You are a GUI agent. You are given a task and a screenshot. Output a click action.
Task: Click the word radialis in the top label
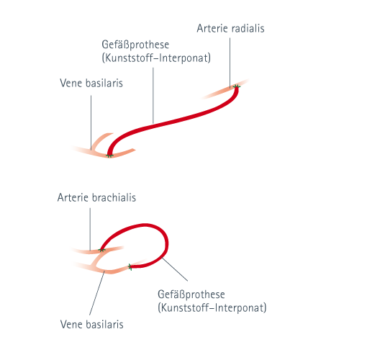[x=248, y=28]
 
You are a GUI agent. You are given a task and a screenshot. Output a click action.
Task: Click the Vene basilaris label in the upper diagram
[x=91, y=83]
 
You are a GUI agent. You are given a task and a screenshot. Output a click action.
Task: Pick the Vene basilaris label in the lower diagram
[x=92, y=325]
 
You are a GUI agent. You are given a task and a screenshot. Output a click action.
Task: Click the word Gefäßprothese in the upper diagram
[x=135, y=45]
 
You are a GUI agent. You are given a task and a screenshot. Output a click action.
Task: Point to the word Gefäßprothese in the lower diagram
[x=191, y=294]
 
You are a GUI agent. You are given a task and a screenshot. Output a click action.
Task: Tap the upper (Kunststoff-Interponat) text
[x=156, y=58]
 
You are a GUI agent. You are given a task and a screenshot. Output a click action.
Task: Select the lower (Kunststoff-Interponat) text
[x=212, y=307]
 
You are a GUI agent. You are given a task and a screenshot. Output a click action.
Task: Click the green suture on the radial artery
[x=237, y=86]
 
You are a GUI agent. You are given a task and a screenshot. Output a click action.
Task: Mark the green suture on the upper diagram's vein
[x=109, y=156]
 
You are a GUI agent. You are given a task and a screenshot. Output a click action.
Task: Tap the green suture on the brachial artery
[x=101, y=250]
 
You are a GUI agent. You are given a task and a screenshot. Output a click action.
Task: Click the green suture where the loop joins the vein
[x=130, y=266]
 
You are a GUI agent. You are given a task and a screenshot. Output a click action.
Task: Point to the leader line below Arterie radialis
[x=230, y=63]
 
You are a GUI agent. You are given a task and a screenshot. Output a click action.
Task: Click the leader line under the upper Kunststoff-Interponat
[x=153, y=95]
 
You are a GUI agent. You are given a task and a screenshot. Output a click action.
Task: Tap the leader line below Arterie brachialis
[x=90, y=229]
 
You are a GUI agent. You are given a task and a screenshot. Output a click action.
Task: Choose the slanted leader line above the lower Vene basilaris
[x=96, y=293]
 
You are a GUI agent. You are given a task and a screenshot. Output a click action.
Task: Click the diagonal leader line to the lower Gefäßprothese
[x=175, y=269]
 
